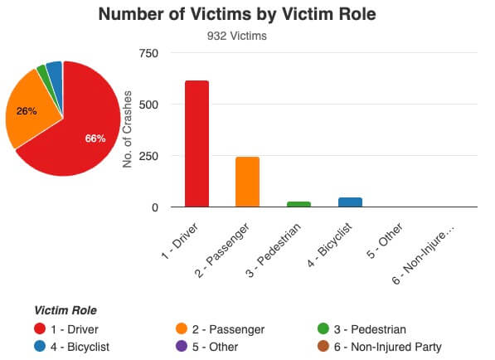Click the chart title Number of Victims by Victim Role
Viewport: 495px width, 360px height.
coord(247,15)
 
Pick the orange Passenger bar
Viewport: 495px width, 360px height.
coord(247,182)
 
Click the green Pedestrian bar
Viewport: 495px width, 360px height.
coord(298,204)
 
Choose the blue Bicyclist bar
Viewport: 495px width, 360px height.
coord(350,202)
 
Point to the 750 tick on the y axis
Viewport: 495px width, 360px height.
coord(148,53)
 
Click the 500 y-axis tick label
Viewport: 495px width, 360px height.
coord(148,105)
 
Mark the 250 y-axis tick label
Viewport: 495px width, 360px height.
coord(148,156)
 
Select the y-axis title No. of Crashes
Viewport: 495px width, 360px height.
coord(128,130)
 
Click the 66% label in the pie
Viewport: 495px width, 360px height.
coord(95,139)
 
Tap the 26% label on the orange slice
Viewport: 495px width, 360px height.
coord(27,110)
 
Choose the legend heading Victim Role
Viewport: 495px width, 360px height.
coord(66,310)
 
